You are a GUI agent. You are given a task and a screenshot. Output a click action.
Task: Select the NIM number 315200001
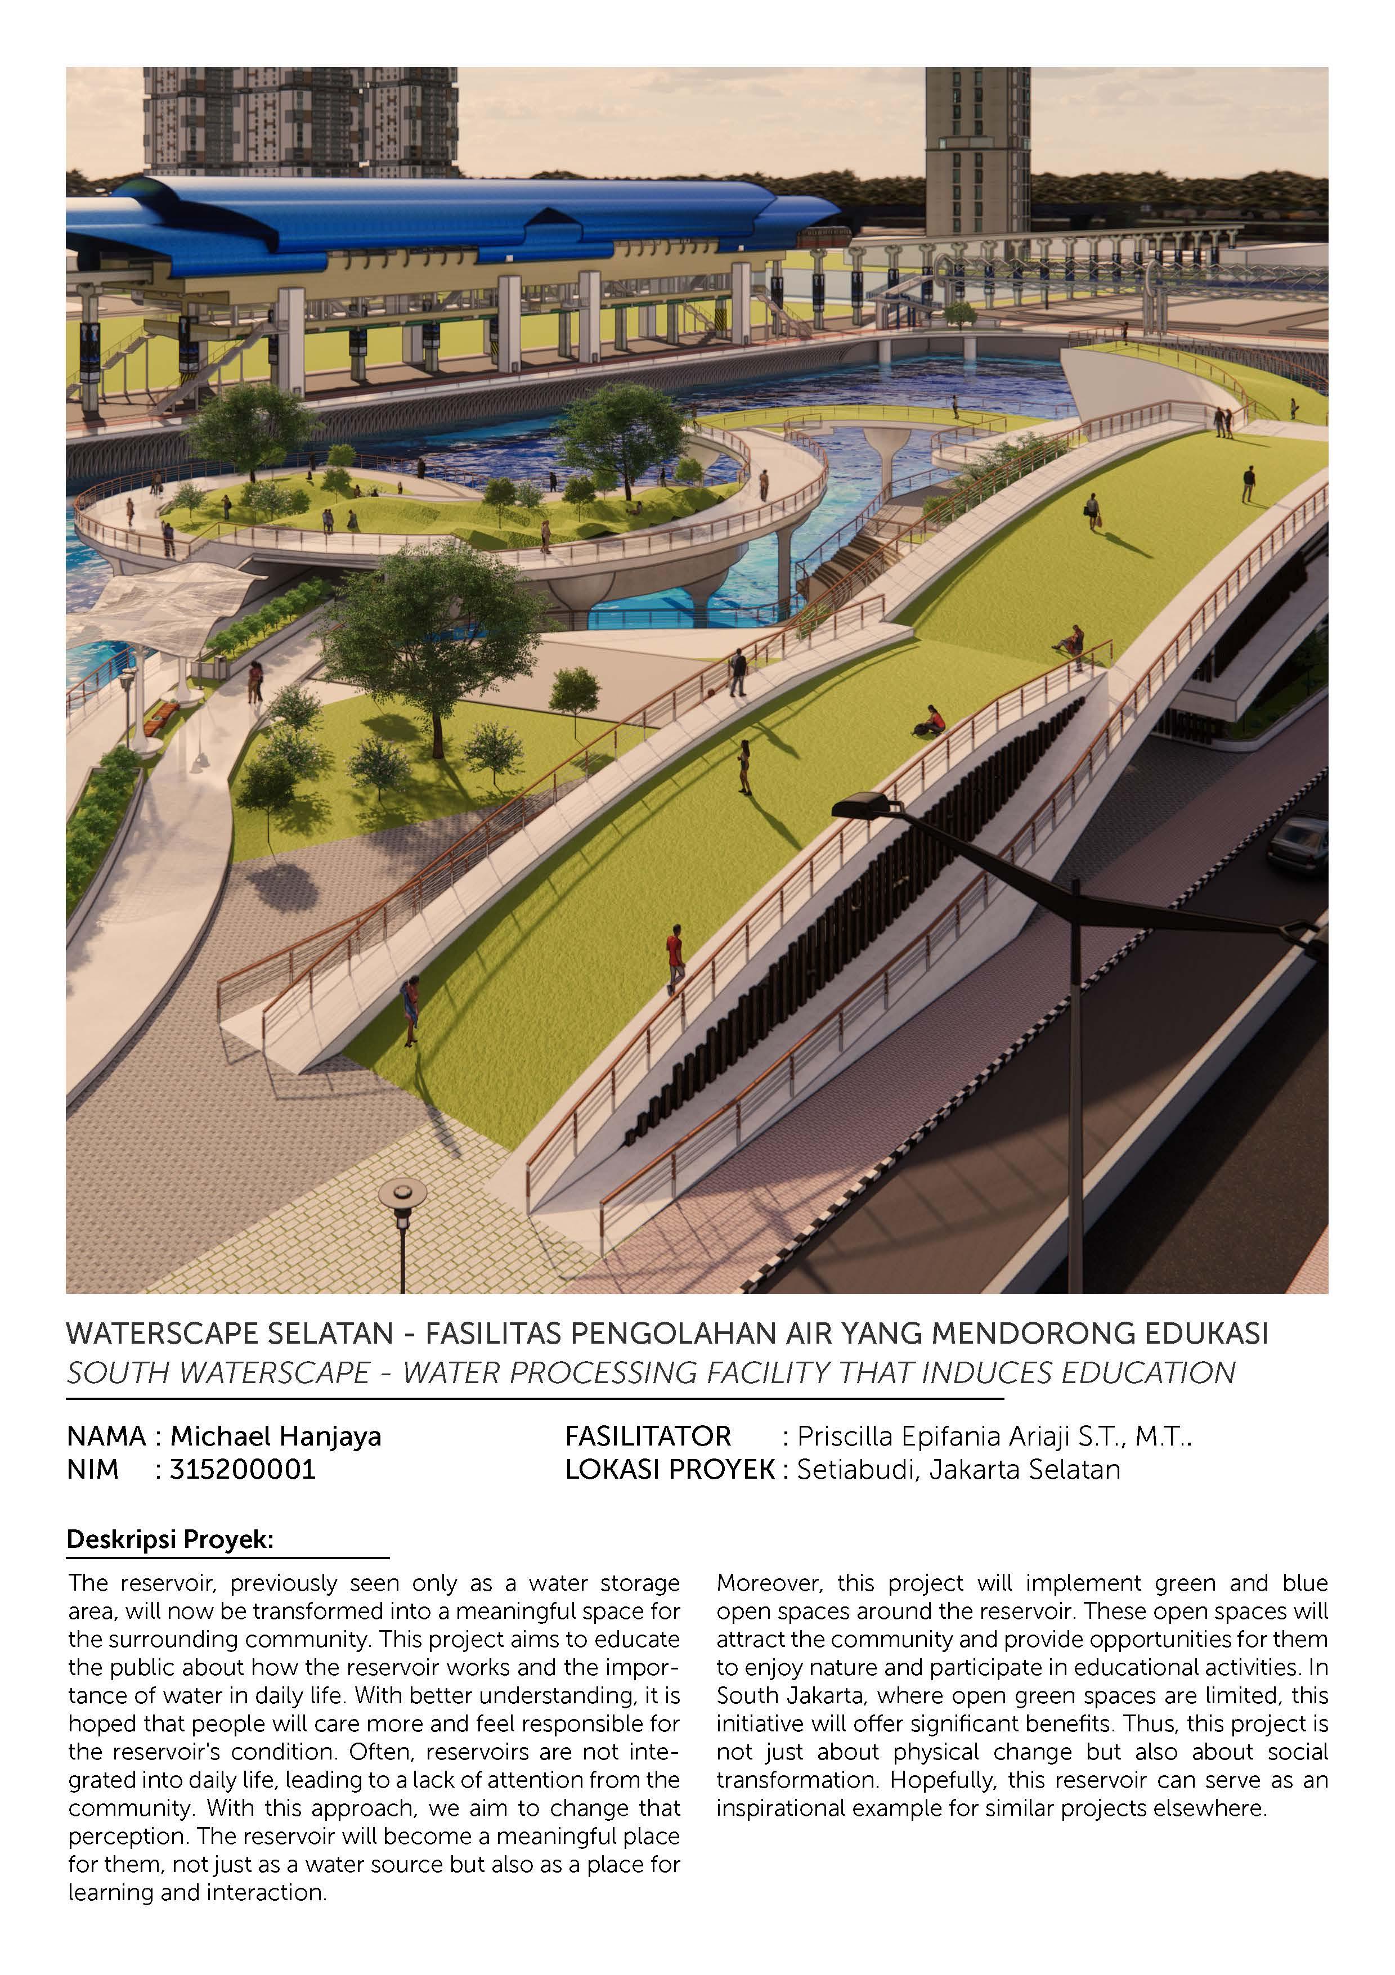click(243, 1469)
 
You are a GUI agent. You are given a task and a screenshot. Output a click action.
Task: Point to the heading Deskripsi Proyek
click(169, 1539)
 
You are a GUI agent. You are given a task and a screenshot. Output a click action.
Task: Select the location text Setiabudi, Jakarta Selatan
click(958, 1469)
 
